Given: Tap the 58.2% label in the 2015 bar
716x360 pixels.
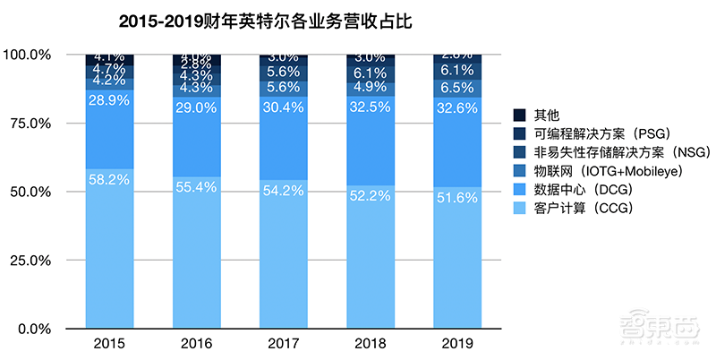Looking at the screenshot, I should (x=109, y=179).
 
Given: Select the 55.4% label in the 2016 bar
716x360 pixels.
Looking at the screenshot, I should (x=196, y=187).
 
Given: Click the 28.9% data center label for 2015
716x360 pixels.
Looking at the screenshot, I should (x=109, y=102).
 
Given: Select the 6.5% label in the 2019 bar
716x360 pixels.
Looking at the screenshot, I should (x=456, y=88).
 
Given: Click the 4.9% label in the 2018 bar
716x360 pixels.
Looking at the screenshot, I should (x=370, y=87).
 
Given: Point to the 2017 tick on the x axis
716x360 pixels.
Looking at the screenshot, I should (x=283, y=343).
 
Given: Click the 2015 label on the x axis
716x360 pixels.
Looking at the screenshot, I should (x=109, y=343).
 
